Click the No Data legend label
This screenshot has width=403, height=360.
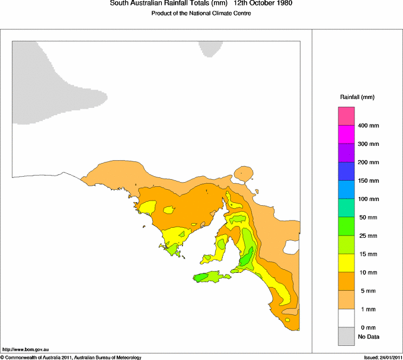[369, 337]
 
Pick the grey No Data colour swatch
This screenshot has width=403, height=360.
[346, 337]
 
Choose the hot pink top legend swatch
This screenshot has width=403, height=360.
[346, 116]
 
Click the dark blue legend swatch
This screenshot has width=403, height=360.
[346, 171]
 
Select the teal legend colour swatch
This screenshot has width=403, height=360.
[346, 208]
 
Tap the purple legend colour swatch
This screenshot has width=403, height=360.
[346, 153]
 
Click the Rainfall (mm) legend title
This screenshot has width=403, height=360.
[357, 97]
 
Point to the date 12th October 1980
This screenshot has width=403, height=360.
[263, 4]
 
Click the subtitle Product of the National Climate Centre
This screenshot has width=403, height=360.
[201, 13]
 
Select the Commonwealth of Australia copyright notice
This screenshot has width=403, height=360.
[71, 357]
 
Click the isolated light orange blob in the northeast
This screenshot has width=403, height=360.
[243, 174]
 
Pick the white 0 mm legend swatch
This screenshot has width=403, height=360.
[346, 318]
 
